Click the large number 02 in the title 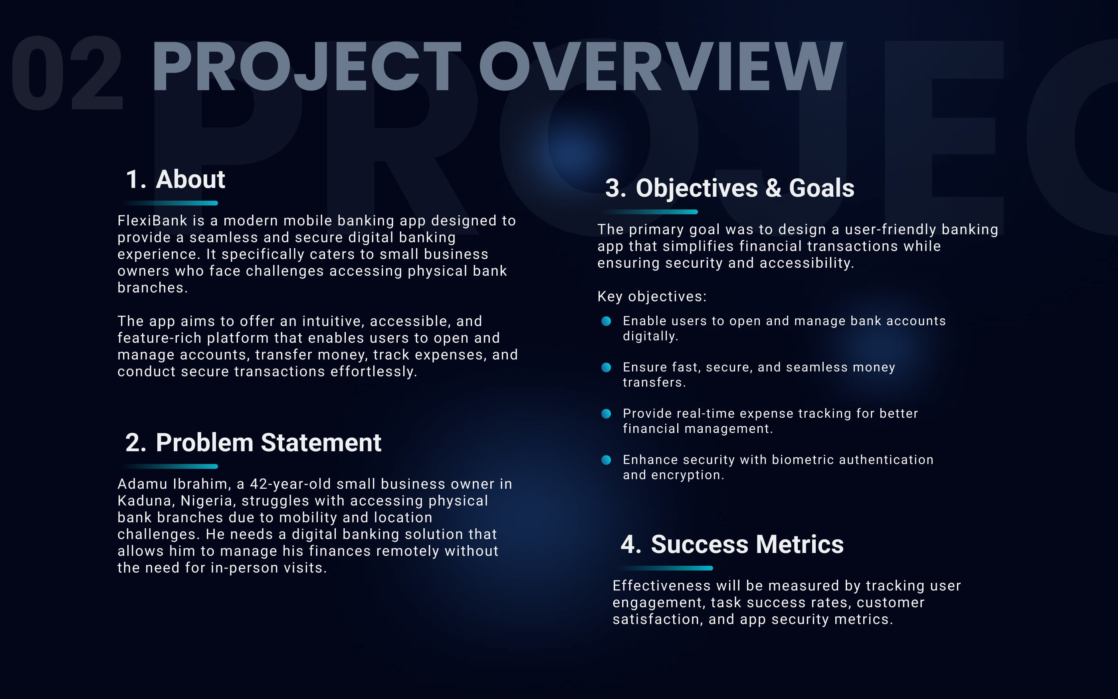pos(67,73)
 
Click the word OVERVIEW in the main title pos(660,67)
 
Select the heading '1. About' pos(175,180)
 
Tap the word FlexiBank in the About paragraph pos(152,221)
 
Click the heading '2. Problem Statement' pos(253,442)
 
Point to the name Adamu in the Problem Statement pos(143,484)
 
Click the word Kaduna pos(146,501)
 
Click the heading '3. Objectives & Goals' pos(729,188)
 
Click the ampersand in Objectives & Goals pos(773,188)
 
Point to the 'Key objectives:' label pos(652,296)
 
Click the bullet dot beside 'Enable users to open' pos(606,321)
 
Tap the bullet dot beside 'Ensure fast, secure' pos(606,367)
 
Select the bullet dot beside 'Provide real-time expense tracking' pos(606,413)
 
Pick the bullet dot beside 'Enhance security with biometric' pos(606,460)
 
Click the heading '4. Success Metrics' pos(732,544)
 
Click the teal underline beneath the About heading pos(170,203)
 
